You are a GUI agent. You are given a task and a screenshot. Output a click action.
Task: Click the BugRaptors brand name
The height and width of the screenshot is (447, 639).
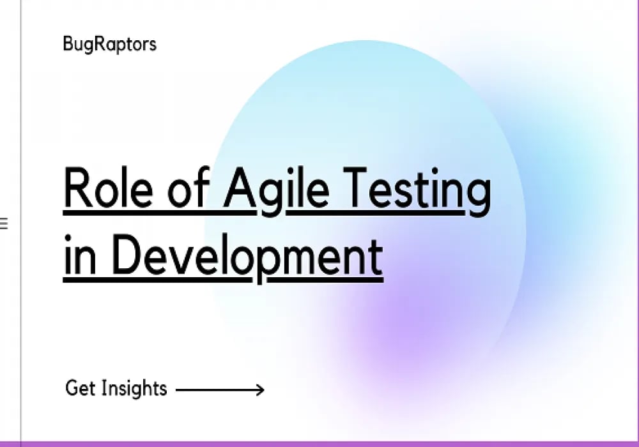(x=109, y=45)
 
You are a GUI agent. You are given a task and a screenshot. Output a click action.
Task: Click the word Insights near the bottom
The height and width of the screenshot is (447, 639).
(x=133, y=388)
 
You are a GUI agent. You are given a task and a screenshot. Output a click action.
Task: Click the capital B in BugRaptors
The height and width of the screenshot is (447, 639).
(x=68, y=44)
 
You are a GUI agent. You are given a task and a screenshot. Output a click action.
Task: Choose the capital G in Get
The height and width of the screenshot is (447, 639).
(x=72, y=388)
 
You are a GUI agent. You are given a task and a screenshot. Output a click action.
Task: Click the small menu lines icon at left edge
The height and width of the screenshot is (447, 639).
(x=3, y=223)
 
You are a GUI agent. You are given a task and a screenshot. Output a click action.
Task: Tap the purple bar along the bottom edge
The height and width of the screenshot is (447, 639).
(x=319, y=443)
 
